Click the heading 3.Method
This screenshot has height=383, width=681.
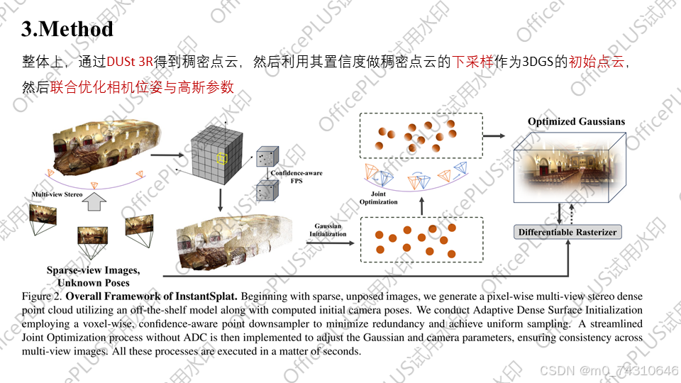(x=67, y=29)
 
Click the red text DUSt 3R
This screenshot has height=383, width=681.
(x=131, y=62)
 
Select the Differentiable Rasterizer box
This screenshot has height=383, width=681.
(x=567, y=232)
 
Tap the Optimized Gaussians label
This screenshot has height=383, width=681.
(x=576, y=121)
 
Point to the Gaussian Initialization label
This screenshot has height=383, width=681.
(x=328, y=230)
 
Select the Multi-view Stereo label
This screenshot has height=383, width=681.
(x=56, y=193)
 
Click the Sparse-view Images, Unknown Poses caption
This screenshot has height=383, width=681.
(x=93, y=275)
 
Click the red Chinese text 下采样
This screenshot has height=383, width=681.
(x=470, y=62)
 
